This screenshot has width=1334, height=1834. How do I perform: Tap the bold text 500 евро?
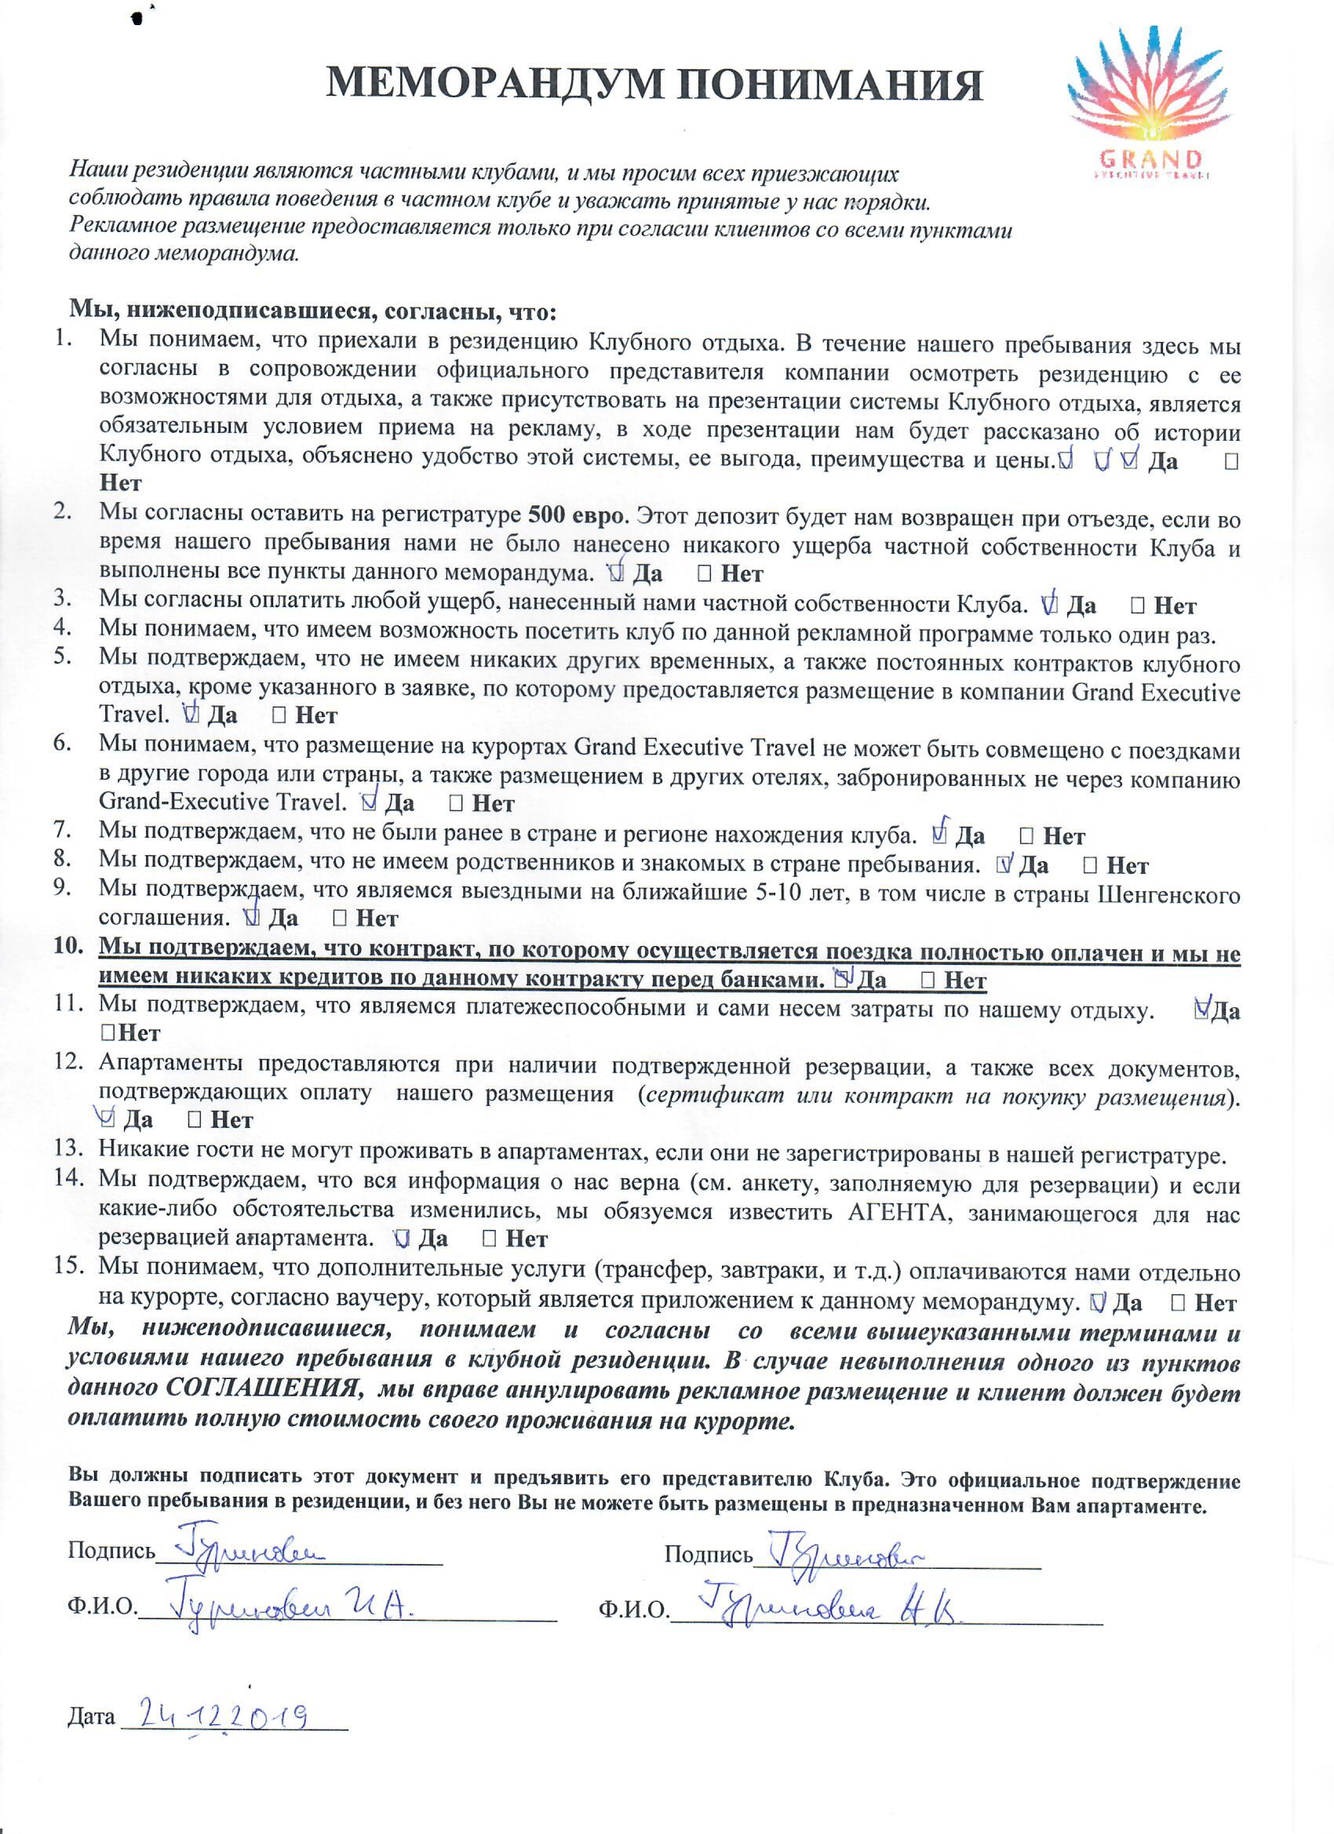point(576,515)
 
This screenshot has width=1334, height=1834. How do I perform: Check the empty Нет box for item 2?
point(704,573)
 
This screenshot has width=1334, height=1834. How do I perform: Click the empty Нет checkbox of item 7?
point(1026,835)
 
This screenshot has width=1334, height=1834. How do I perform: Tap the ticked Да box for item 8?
point(1004,864)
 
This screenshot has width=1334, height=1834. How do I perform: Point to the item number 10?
point(69,945)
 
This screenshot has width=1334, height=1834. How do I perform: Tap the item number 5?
point(62,656)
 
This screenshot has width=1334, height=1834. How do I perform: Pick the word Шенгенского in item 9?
point(1168,895)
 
